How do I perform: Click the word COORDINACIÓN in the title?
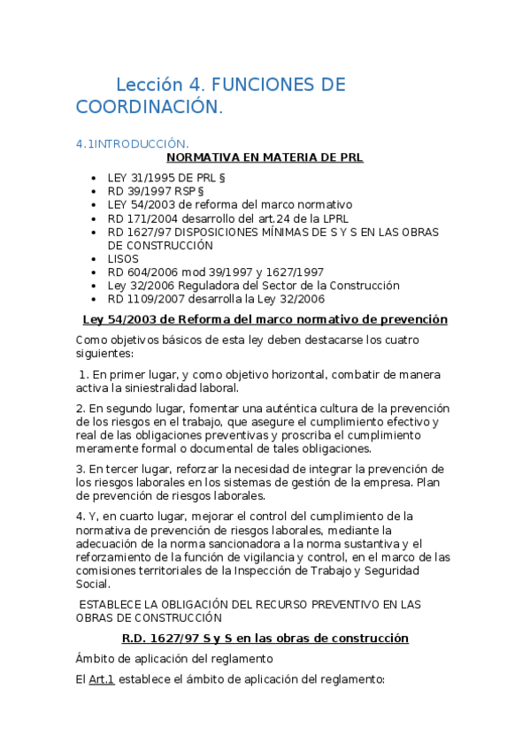(147, 107)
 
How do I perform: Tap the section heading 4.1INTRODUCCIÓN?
(132, 143)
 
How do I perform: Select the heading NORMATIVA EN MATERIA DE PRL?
(265, 157)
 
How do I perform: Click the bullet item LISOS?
(123, 258)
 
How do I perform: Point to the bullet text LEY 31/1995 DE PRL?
(155, 177)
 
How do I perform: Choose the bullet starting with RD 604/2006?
(215, 272)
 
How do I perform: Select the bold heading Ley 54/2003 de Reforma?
(265, 319)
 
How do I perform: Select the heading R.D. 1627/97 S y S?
(265, 638)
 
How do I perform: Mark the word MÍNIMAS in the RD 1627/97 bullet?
(277, 232)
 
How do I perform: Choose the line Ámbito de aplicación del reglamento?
(174, 658)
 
